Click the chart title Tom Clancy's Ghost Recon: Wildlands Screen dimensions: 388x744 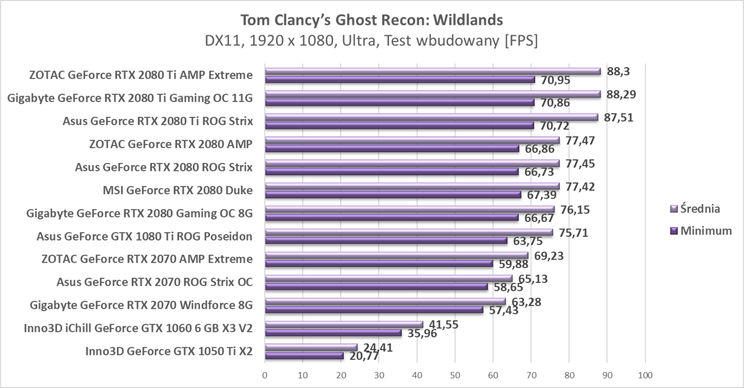371,20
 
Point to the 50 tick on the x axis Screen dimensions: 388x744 455,376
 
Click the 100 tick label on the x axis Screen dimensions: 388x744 645,376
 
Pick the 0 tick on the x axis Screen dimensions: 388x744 265,376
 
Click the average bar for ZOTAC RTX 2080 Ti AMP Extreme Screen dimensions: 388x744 433,71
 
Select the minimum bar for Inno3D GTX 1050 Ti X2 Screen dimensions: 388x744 304,356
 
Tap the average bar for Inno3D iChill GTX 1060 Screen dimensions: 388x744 344,324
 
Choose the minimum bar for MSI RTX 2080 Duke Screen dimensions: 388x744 393,194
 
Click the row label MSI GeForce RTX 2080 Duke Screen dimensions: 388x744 177,190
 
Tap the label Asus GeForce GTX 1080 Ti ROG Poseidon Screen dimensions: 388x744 145,236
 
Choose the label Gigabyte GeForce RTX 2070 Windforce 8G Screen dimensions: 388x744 141,305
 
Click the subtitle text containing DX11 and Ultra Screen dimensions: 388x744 371,41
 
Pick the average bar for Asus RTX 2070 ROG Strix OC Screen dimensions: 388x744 388,278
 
